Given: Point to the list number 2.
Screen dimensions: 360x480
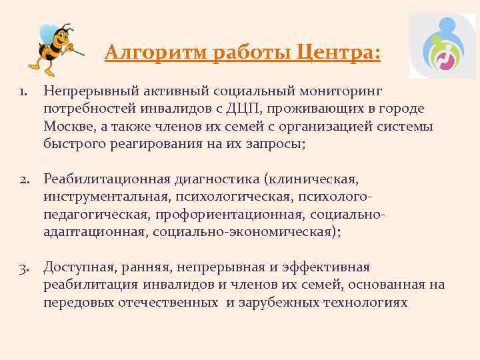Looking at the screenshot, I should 23,179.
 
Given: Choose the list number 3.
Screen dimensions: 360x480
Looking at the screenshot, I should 23,267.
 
